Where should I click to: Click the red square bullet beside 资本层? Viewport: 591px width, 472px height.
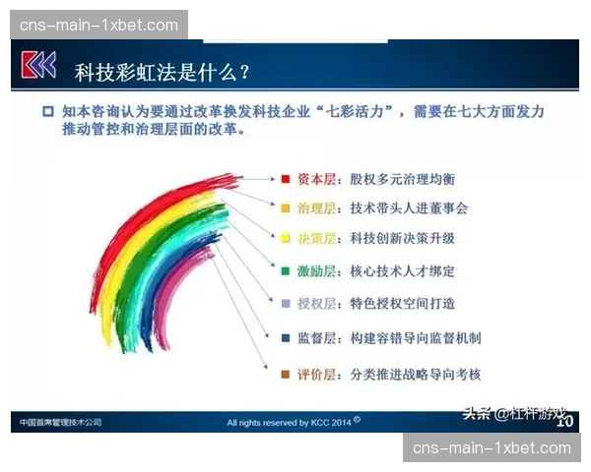(x=285, y=180)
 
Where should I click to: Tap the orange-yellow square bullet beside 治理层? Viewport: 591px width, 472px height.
(x=285, y=208)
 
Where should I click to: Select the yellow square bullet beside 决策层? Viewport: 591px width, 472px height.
(x=285, y=239)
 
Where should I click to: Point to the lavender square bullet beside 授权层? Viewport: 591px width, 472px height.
(x=285, y=304)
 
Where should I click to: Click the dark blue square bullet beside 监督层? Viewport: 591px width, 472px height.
(x=285, y=338)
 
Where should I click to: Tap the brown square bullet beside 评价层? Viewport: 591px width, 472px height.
(x=285, y=375)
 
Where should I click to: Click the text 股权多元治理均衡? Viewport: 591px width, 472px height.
(x=403, y=180)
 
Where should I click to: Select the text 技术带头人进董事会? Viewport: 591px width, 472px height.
(x=409, y=208)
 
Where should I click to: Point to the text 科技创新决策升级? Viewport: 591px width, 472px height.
(x=403, y=239)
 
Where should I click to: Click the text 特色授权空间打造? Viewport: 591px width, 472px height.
(x=403, y=304)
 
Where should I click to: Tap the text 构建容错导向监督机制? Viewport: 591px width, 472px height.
(x=416, y=338)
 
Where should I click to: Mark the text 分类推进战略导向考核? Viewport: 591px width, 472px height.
(x=416, y=375)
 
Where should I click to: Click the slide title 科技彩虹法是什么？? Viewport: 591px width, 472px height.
(x=163, y=71)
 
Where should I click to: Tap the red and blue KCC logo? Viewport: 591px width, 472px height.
(x=39, y=67)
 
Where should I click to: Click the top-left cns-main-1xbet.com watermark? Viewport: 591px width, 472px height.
(x=98, y=25)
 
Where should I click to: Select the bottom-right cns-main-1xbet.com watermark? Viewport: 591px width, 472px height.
(x=492, y=447)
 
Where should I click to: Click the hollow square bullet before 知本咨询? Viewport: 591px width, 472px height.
(x=47, y=112)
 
